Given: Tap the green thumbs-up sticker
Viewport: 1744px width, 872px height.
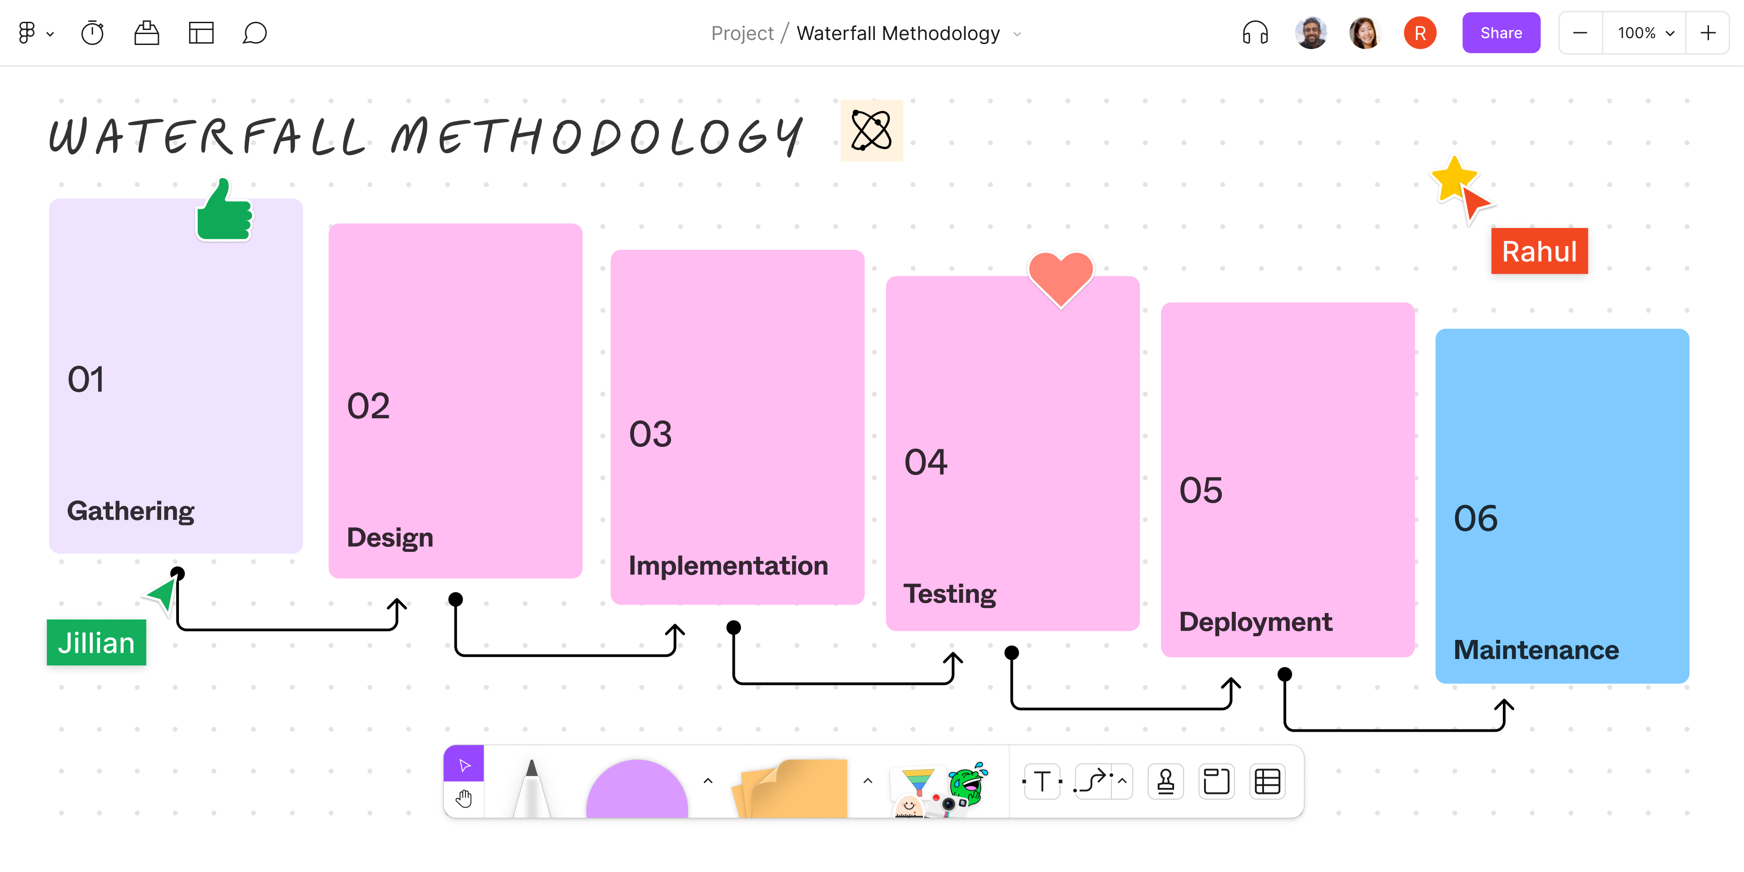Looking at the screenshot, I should [224, 213].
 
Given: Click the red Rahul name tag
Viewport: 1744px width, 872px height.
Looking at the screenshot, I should [1539, 251].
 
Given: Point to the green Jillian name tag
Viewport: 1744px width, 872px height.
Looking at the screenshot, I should [96, 643].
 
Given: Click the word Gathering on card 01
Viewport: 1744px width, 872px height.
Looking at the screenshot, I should [131, 511].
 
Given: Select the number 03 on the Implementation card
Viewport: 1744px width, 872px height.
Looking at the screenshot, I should [650, 434].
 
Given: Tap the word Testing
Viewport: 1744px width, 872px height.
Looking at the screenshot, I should [949, 594].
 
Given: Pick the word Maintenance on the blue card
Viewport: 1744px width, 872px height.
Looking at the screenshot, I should [1536, 650].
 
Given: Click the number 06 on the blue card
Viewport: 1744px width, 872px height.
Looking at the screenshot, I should [1475, 519].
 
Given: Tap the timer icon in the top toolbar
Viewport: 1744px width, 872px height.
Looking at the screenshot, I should [93, 33].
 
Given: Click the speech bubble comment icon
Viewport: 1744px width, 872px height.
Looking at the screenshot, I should [254, 33].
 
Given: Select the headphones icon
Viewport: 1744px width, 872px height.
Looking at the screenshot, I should [1254, 33].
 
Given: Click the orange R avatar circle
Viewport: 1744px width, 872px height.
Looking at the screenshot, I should [1420, 33].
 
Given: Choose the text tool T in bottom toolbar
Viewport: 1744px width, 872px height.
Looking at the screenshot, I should [1042, 781].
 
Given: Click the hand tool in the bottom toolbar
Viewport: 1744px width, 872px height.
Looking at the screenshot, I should [464, 799].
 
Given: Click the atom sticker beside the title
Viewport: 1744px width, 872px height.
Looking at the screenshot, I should [872, 131].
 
